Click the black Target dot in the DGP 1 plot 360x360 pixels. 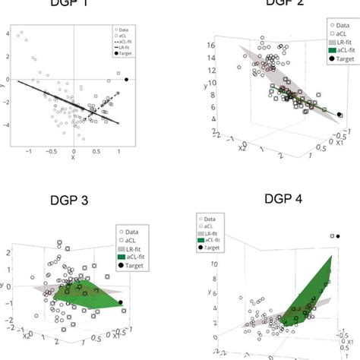[x=126, y=79]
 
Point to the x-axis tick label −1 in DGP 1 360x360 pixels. [x=29, y=152]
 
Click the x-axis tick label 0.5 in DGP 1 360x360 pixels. [x=96, y=152]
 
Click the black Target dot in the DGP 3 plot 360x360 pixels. [x=122, y=304]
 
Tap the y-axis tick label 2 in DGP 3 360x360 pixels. [x=8, y=251]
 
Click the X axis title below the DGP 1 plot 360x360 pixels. [x=73, y=159]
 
